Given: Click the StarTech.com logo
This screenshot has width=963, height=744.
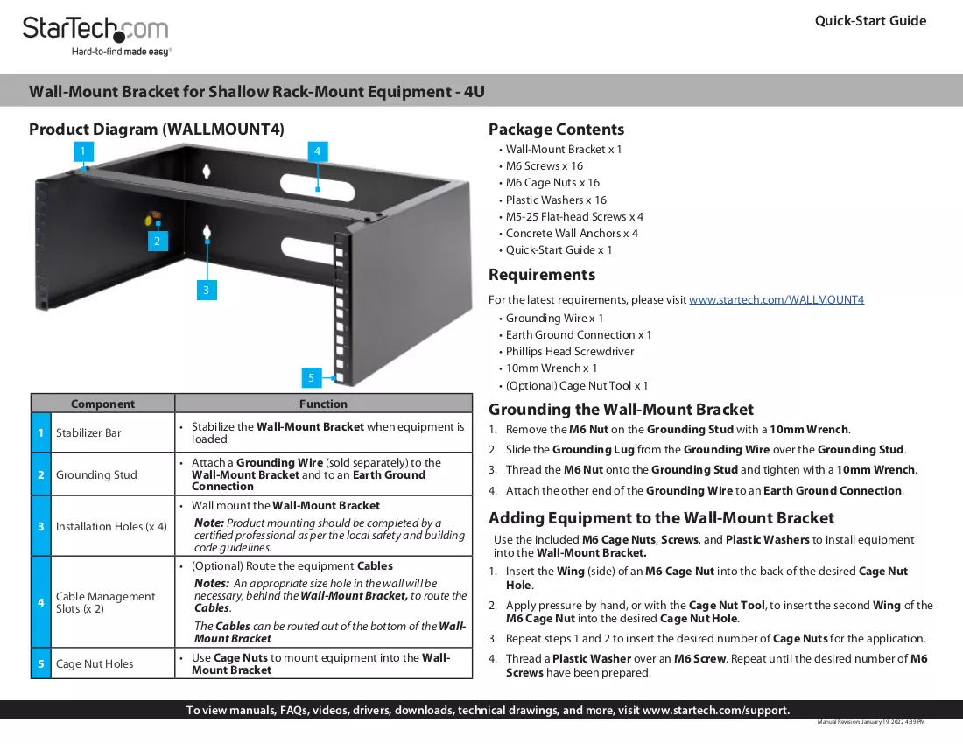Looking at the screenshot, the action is pos(95,36).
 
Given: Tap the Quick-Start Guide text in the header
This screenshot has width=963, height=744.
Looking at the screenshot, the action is pos(870,21).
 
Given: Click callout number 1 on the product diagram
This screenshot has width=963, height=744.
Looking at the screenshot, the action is pos(83,151).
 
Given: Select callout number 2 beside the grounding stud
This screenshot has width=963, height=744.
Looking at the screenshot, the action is pos(158,242).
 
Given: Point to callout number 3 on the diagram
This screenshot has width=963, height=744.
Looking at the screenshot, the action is pos(207,291).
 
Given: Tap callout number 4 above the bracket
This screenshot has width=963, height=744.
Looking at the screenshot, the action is pos(317,151).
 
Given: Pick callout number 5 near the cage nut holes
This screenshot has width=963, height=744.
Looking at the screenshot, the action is pos(312,377).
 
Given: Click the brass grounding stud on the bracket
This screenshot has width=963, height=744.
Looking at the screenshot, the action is pos(153,217).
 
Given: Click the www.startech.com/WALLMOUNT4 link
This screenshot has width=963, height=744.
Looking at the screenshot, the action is pos(777,299).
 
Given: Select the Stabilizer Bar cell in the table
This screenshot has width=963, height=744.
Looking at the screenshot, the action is pos(88,432).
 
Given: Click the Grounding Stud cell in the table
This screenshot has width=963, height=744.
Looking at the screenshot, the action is pos(96,474).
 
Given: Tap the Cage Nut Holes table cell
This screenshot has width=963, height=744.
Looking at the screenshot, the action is pos(95,663).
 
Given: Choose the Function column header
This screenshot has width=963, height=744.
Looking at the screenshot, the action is pos(323,404).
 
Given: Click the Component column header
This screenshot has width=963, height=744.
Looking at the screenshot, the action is pos(102,404).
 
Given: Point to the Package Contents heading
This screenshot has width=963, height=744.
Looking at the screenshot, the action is pos(556,130).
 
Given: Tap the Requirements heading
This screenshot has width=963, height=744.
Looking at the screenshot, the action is pos(542,275).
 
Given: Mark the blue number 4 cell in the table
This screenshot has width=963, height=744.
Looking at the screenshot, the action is pos(41,602).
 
